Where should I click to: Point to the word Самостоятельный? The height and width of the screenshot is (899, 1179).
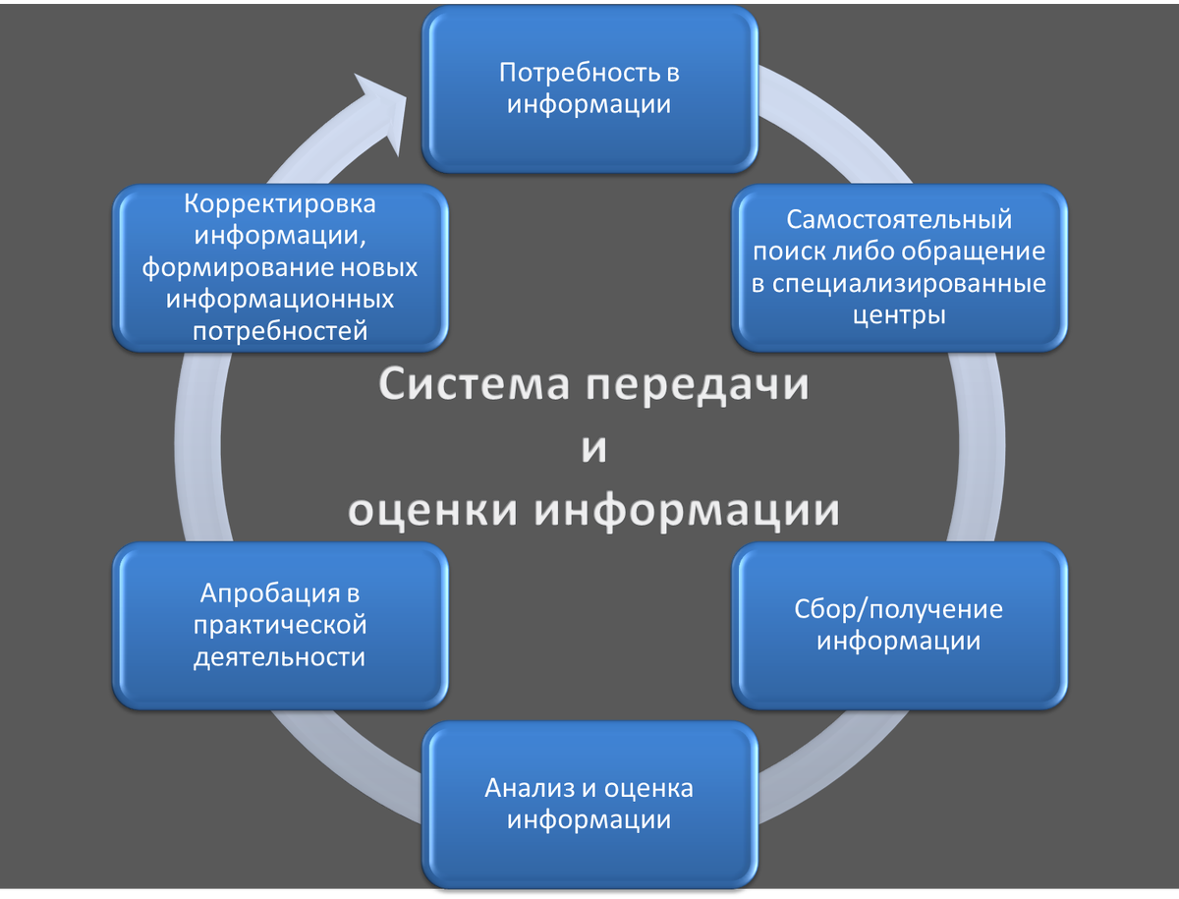click(x=899, y=219)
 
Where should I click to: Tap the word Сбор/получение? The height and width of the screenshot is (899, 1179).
click(x=899, y=609)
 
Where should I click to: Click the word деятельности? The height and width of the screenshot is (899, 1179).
click(x=280, y=656)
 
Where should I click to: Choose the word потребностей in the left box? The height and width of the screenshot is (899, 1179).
click(x=280, y=331)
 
